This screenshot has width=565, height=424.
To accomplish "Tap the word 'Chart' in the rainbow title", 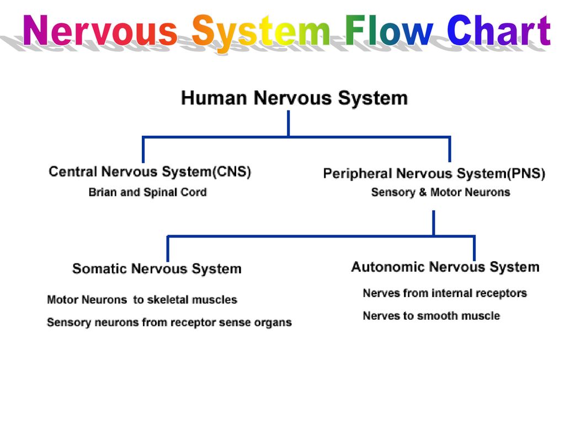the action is click(x=499, y=30).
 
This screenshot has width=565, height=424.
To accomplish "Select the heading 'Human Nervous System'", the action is click(x=294, y=98).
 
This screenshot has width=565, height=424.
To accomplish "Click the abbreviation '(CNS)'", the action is click(x=232, y=172).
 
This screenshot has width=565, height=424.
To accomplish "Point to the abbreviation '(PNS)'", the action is click(x=526, y=174).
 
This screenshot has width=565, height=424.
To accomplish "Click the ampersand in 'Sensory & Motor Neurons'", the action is click(x=423, y=192).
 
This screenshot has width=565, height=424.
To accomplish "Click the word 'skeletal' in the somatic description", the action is click(x=167, y=300).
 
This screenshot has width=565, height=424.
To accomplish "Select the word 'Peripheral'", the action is click(x=358, y=174).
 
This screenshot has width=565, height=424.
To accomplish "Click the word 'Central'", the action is click(x=73, y=172).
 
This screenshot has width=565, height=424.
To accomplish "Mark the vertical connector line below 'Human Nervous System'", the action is click(x=288, y=124).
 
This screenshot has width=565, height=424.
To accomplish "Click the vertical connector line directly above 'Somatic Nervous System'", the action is click(x=168, y=249).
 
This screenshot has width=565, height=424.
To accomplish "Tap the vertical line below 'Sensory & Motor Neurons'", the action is click(x=434, y=223).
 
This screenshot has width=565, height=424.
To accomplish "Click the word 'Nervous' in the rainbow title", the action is click(x=100, y=30).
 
